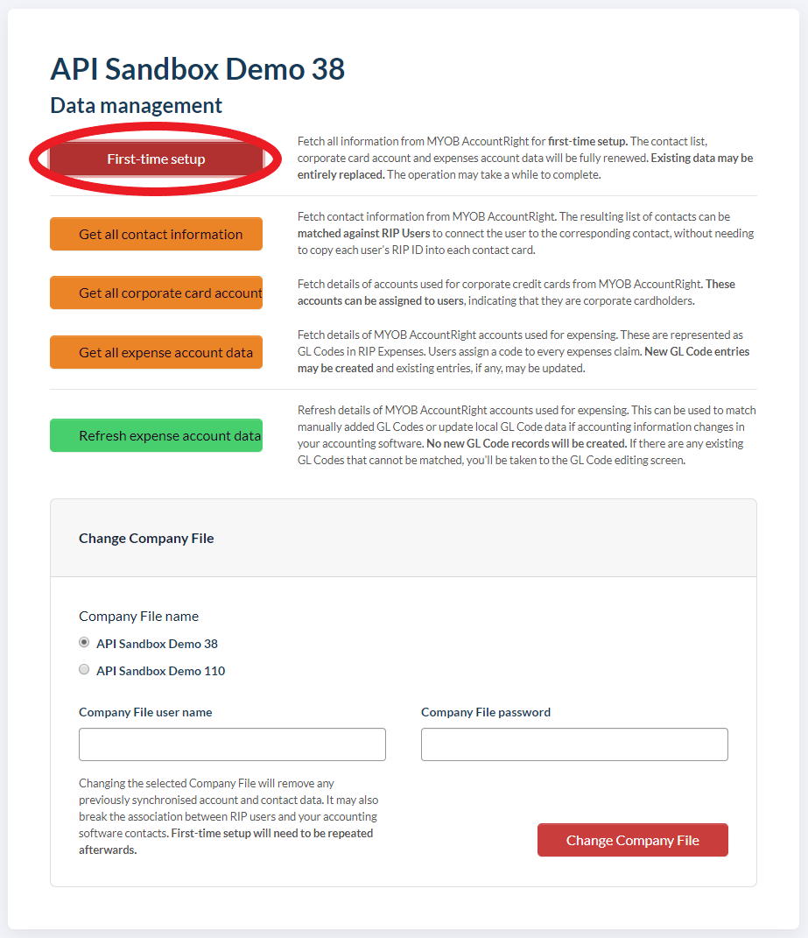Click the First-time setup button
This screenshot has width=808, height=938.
coord(156,159)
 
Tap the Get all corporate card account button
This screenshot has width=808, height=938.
coord(156,293)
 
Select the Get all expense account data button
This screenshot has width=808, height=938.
coord(156,352)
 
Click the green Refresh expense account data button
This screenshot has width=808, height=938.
coord(156,435)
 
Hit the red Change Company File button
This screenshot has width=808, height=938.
coord(632,840)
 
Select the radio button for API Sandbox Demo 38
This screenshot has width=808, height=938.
coord(84,642)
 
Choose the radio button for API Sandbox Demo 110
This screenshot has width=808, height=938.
coord(84,670)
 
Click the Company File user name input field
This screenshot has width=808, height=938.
coord(232,744)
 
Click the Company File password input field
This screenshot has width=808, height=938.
coord(574,744)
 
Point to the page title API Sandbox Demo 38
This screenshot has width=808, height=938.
coord(198,68)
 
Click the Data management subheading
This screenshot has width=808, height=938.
coord(137,106)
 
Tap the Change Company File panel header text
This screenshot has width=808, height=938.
coord(146,538)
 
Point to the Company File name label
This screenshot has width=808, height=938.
coord(138,616)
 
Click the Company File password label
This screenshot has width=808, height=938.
coord(486,712)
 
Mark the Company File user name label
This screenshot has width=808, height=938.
coord(145,712)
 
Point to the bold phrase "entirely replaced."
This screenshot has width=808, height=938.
coord(340,174)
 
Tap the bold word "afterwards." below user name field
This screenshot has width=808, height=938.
coord(108,850)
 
